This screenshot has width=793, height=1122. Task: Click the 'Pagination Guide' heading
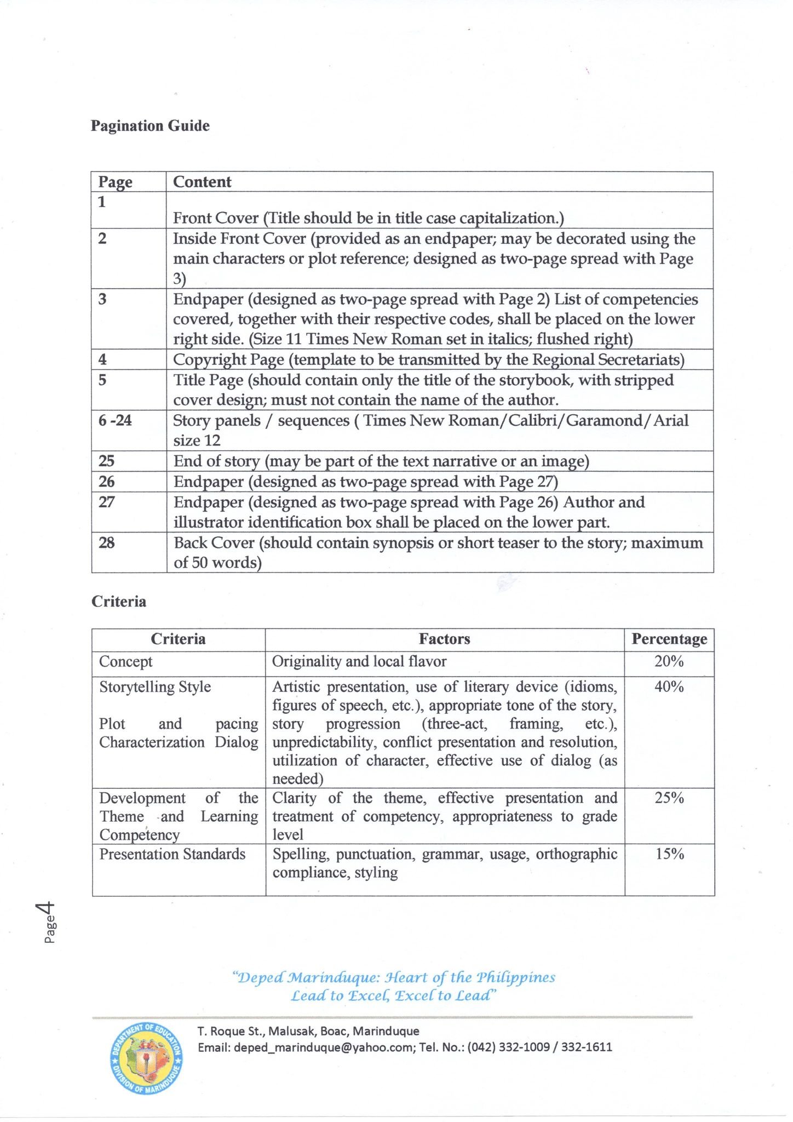point(150,126)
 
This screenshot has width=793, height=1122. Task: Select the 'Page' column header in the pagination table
point(115,182)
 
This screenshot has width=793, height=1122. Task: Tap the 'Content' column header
point(202,182)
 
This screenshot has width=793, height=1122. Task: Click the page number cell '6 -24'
point(115,421)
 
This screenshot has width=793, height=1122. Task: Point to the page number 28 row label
point(106,543)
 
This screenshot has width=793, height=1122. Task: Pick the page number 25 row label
point(106,461)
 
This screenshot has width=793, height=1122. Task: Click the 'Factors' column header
point(444,639)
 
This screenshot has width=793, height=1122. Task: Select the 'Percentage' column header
point(669,639)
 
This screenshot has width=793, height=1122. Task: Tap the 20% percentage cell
point(669,661)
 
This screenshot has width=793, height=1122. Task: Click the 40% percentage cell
point(669,686)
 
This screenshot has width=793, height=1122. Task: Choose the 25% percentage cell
point(669,798)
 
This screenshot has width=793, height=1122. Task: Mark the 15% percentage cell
point(669,854)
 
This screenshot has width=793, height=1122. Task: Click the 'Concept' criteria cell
point(125,661)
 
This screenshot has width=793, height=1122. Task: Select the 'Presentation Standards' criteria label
point(172,854)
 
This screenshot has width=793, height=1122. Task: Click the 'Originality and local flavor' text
point(359,661)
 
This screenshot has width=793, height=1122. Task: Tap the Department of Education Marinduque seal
point(146,1059)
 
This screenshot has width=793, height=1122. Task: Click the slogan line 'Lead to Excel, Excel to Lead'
point(393,995)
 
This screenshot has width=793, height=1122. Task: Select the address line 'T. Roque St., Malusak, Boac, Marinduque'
point(308,1031)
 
